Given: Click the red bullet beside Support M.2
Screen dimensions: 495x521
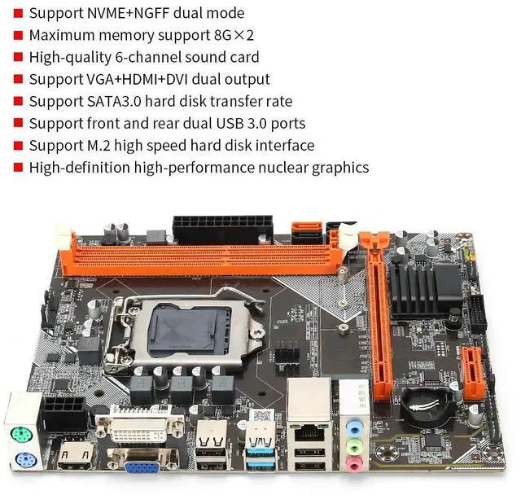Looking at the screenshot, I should [17, 146].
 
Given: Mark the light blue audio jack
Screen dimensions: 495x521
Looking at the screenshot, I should [352, 425].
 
